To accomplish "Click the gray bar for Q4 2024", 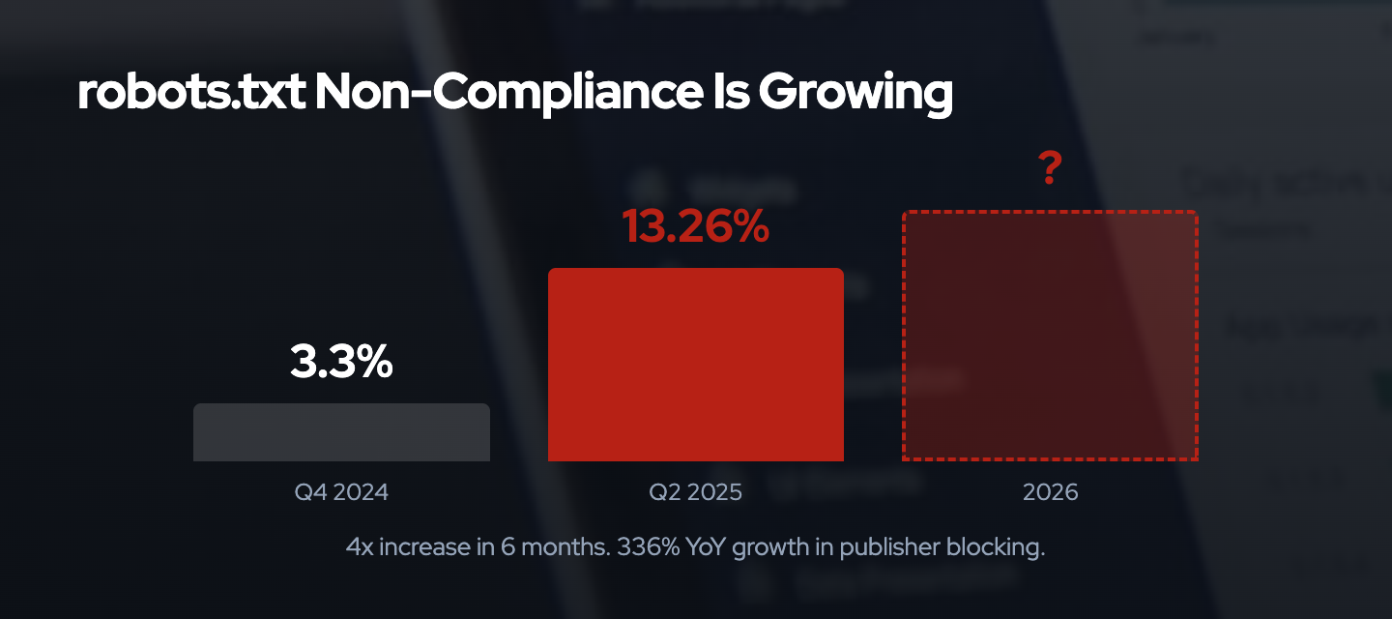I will [341, 432].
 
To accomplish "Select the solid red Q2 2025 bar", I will [695, 365].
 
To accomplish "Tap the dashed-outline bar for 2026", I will [1050, 336].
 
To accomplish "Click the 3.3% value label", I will [341, 363].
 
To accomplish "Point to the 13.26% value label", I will [695, 227].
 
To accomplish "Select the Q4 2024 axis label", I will [341, 492].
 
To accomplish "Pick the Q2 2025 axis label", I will [695, 492].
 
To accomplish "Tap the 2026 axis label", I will [1050, 492].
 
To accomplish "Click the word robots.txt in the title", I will [190, 94].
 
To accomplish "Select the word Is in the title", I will [724, 94].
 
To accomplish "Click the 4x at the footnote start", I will [360, 547].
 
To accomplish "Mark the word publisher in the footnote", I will [887, 547].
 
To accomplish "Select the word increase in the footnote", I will [424, 547].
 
